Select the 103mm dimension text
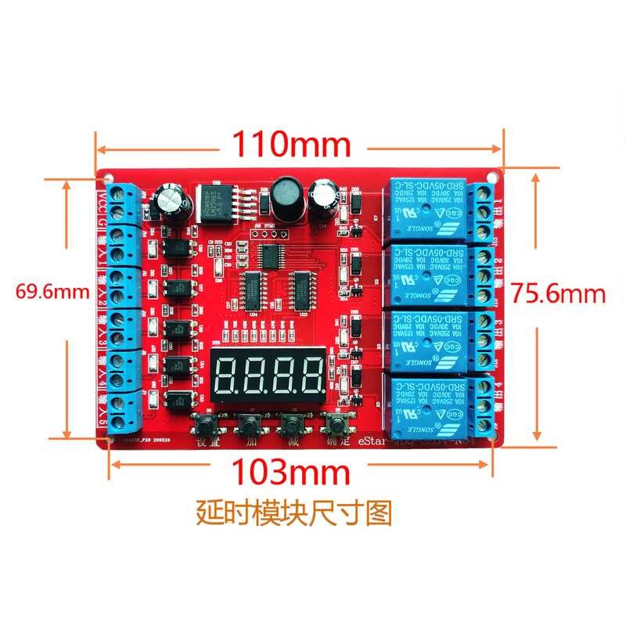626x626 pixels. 290,471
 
